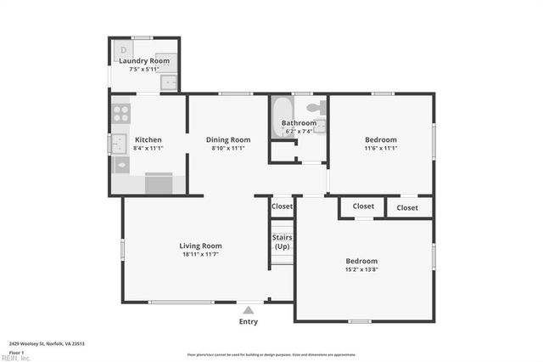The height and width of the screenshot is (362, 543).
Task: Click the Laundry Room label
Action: [x=144, y=60]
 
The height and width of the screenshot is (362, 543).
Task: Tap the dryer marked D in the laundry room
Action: [x=124, y=50]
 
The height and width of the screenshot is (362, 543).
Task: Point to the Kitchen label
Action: [x=148, y=139]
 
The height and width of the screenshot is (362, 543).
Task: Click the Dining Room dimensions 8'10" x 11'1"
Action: [x=228, y=148]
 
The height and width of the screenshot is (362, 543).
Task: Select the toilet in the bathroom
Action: [x=315, y=109]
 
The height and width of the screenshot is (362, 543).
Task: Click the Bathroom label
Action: [x=298, y=123]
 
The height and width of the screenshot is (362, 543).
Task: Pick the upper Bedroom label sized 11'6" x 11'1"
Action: [x=380, y=139]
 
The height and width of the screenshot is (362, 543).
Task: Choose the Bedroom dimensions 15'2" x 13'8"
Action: [x=361, y=269]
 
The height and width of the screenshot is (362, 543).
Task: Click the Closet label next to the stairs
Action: [x=282, y=206]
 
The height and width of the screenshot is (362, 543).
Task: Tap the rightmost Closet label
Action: [x=407, y=206]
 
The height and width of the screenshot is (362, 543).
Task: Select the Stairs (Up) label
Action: [x=282, y=241]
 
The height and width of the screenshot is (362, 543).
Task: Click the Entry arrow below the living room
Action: [x=248, y=309]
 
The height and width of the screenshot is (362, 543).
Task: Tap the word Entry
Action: [x=248, y=321]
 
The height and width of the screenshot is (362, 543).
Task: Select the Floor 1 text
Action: [x=15, y=352]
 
